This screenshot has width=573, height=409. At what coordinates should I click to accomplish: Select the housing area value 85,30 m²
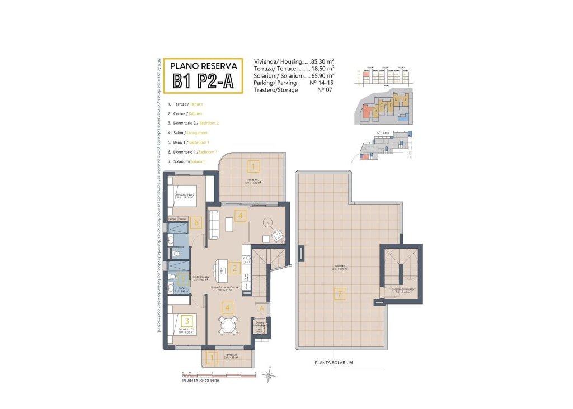322,61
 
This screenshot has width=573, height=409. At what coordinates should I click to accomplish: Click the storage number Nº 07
325,90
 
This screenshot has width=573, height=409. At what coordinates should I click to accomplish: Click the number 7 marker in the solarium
339,293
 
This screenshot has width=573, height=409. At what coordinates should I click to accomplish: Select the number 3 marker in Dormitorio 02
187,320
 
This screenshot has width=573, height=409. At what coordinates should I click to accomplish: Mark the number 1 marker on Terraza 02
253,167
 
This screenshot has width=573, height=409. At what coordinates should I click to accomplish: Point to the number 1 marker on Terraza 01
212,358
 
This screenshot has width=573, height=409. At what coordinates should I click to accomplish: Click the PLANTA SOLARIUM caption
333,362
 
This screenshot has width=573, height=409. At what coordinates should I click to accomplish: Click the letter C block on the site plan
382,104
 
